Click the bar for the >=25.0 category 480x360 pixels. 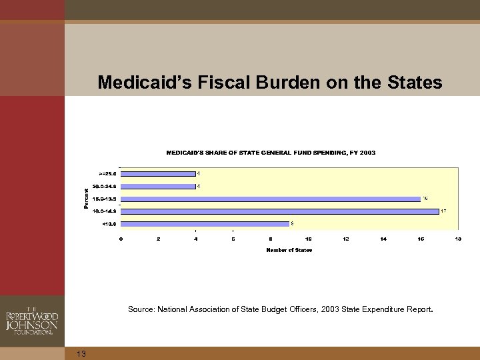(158, 173)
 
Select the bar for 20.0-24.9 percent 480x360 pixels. (158, 186)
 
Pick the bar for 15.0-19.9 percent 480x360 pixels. (270, 199)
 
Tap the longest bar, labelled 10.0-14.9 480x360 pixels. (279, 211)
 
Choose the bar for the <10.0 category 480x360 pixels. (205, 223)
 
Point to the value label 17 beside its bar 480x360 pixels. (443, 211)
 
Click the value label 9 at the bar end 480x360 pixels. (292, 223)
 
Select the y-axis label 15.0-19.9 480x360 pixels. (105, 199)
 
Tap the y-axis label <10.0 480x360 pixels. (109, 223)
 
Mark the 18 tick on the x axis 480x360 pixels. (458, 239)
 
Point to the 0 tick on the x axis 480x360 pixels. (121, 239)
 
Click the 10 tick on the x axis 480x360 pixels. (308, 239)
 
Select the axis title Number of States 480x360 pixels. (289, 250)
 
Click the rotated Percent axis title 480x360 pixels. (86, 198)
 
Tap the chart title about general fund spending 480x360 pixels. (270, 153)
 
